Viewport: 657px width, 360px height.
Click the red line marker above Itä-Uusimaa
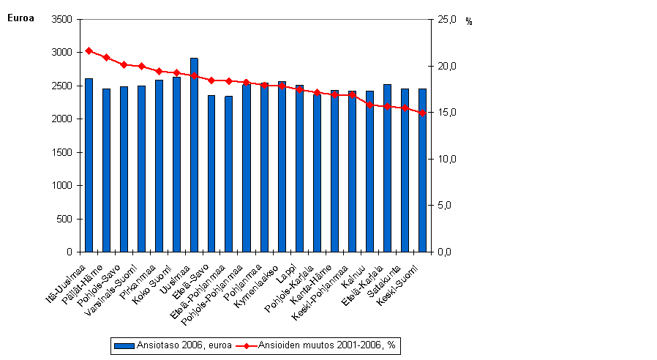click(89, 50)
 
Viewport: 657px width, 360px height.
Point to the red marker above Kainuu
click(369, 105)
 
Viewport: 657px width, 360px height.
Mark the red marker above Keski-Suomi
click(422, 113)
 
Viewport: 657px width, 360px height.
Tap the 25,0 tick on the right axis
click(446, 20)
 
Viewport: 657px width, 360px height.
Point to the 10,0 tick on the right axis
click(446, 160)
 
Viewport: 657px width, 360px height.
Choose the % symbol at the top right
click(469, 22)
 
